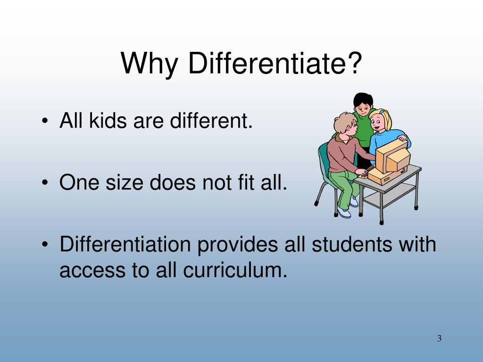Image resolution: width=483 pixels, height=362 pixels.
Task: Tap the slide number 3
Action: click(x=439, y=338)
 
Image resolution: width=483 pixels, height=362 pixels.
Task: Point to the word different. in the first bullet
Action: click(x=211, y=122)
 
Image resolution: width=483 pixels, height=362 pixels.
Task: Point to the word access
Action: click(x=90, y=271)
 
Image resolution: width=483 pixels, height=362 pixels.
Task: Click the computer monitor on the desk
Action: click(x=391, y=156)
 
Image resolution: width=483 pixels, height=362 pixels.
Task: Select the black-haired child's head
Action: click(x=363, y=104)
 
